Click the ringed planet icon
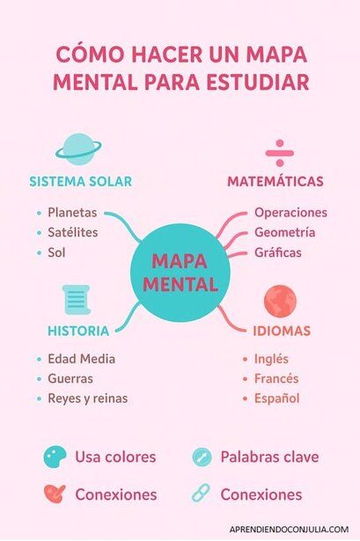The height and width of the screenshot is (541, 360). point(78,150)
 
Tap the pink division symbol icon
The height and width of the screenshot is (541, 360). point(280,153)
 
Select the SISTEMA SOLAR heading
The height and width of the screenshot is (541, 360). point(80,181)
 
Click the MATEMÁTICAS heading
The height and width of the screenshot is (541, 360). point(276,181)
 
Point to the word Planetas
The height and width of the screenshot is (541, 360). point(72,213)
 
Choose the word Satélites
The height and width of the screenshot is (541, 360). point(72,232)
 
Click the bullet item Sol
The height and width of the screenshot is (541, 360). point(56,252)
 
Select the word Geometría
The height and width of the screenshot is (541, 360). point(285,232)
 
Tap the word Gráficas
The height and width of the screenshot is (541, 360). point(278,252)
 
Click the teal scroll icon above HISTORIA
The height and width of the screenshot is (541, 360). point(77,299)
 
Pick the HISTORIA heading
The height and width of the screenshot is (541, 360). point(78,331)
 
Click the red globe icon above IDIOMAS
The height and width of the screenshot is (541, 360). point(280,301)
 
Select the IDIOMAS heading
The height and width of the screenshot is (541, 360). point(282,331)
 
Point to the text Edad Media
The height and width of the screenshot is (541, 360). point(82,359)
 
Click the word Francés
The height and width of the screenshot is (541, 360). point(276,378)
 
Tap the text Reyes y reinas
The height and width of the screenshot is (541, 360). point(88,398)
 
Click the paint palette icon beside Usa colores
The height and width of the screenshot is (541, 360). point(55,457)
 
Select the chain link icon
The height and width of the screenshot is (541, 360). point(201,493)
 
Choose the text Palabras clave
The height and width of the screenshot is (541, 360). point(269,457)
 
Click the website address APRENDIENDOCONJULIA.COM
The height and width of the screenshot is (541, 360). point(289,530)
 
